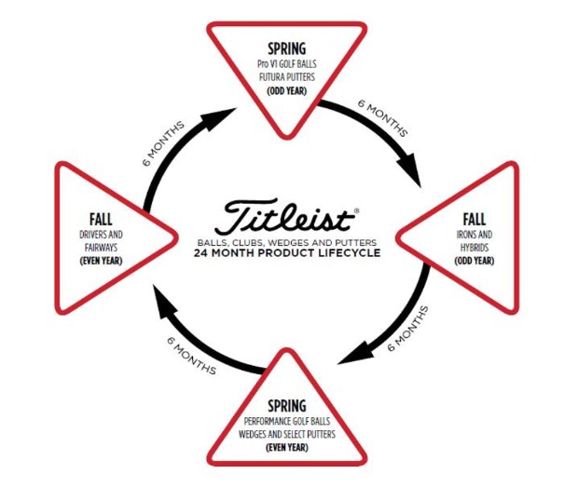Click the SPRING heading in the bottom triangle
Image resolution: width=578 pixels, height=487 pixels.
pyautogui.click(x=287, y=406)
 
